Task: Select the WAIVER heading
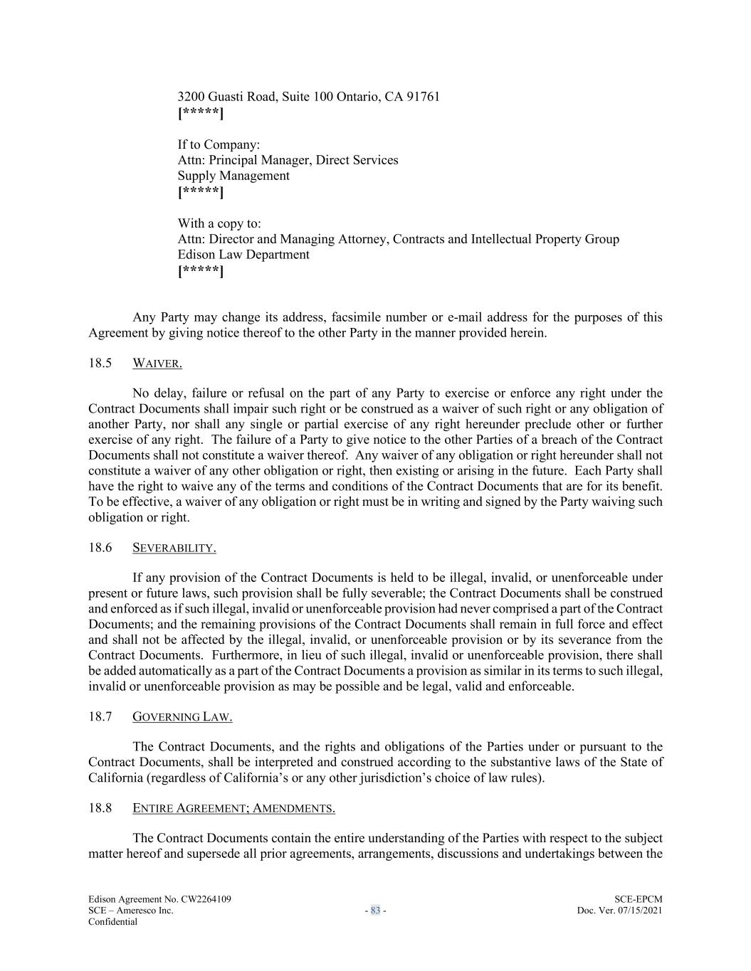point(157,364)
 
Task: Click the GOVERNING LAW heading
point(182,717)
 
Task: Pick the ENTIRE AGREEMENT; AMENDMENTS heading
point(233,808)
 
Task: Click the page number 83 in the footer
point(375,911)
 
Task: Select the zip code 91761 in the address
point(423,97)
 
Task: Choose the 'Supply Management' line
point(233,176)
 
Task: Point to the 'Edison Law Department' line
point(243,255)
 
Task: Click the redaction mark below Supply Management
point(201,192)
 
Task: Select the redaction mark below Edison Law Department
point(201,271)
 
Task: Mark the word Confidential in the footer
point(112,922)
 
